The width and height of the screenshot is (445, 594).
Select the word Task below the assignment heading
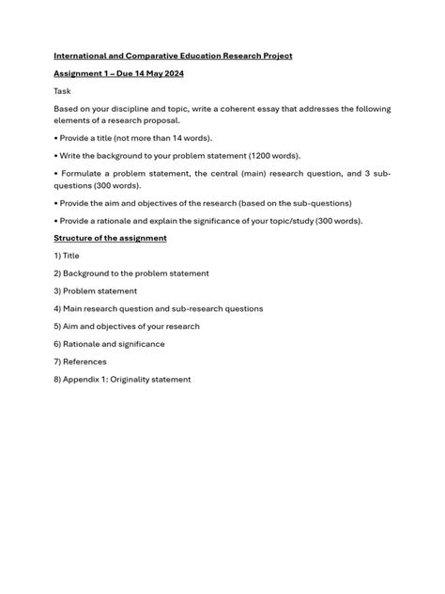pyautogui.click(x=63, y=91)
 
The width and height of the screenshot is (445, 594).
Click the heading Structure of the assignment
pyautogui.click(x=110, y=238)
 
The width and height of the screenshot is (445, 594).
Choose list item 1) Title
pyautogui.click(x=67, y=256)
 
